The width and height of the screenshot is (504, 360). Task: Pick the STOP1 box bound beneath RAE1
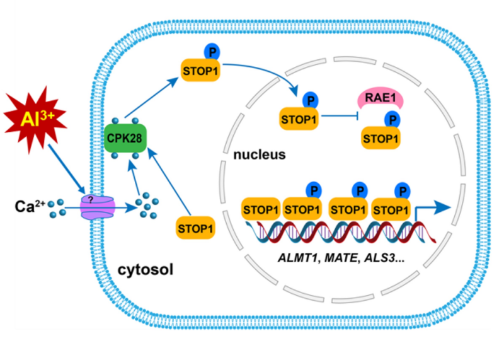[x=379, y=137]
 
